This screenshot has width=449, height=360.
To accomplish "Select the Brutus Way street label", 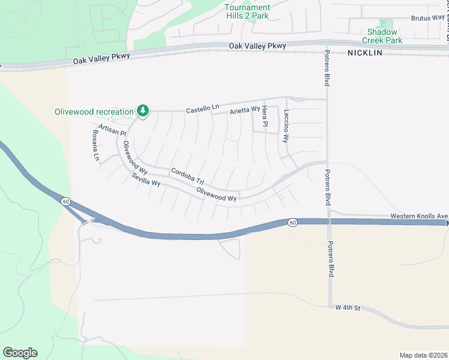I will click(427, 18).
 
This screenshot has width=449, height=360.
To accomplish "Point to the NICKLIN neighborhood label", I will click(364, 53).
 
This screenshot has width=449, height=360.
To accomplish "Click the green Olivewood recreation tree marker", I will click(142, 110).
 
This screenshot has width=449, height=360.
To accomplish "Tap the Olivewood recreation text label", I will click(94, 112).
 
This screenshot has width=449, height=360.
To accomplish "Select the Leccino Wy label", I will click(287, 128).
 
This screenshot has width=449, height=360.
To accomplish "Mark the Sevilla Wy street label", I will click(146, 179).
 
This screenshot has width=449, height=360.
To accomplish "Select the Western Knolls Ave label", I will click(419, 215).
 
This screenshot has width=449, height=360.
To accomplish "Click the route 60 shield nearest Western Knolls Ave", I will click(292, 223).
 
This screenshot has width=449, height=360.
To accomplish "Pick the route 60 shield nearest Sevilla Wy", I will click(64, 202).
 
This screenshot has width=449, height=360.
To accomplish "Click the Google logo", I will click(20, 353).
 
